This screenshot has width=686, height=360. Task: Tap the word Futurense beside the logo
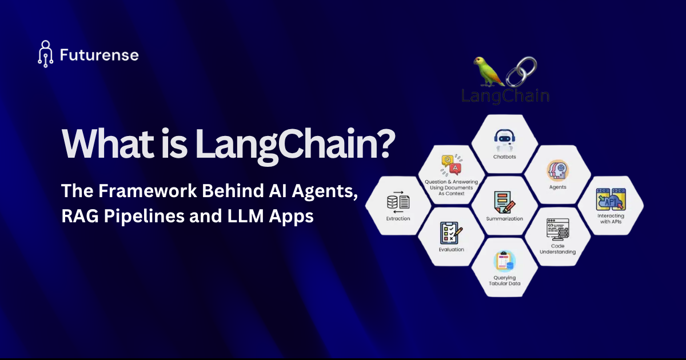pyautogui.click(x=99, y=55)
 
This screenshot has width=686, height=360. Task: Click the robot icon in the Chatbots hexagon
pyautogui.click(x=505, y=139)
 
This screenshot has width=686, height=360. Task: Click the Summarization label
pyautogui.click(x=504, y=218)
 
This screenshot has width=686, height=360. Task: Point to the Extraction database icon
pyautogui.click(x=398, y=202)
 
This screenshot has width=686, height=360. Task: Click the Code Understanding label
pyautogui.click(x=558, y=249)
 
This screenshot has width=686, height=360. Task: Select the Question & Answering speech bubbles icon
pyautogui.click(x=450, y=165)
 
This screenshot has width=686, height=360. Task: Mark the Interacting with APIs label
pyautogui.click(x=611, y=219)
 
